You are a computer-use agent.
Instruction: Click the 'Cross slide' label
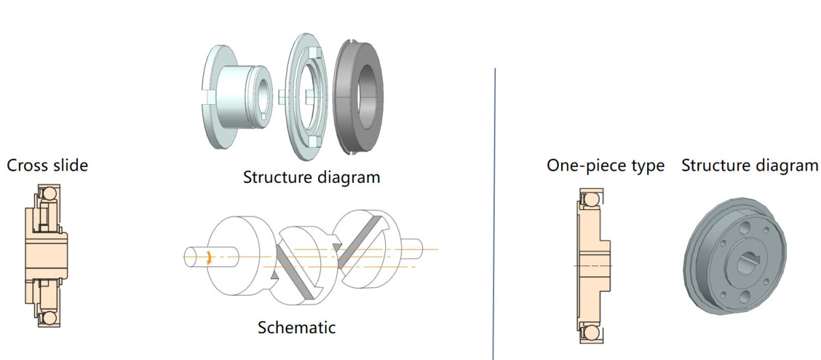[47, 166]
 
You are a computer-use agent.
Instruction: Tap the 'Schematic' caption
[296, 327]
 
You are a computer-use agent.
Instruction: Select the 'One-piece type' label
[605, 166]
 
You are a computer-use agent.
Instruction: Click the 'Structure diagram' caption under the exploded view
[311, 177]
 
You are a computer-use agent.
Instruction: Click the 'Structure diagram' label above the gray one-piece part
[749, 166]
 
